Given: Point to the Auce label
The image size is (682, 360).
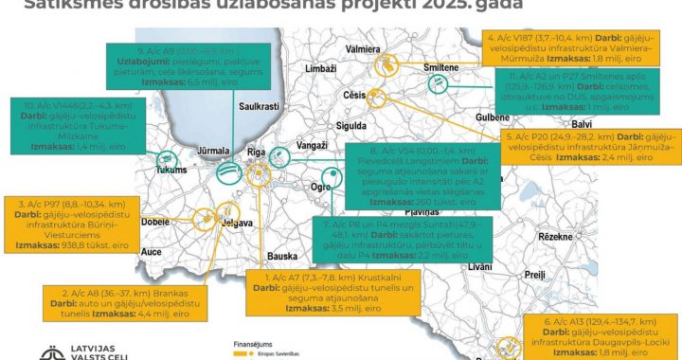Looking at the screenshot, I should (152, 253).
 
